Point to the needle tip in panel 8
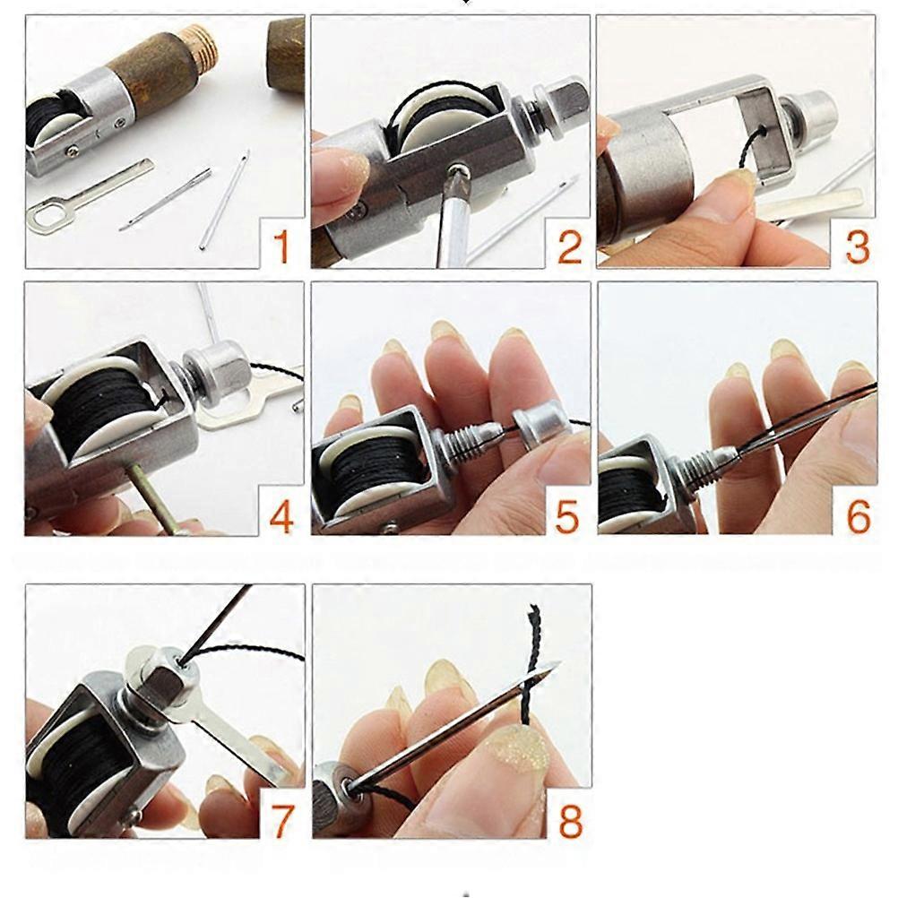[558, 663]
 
